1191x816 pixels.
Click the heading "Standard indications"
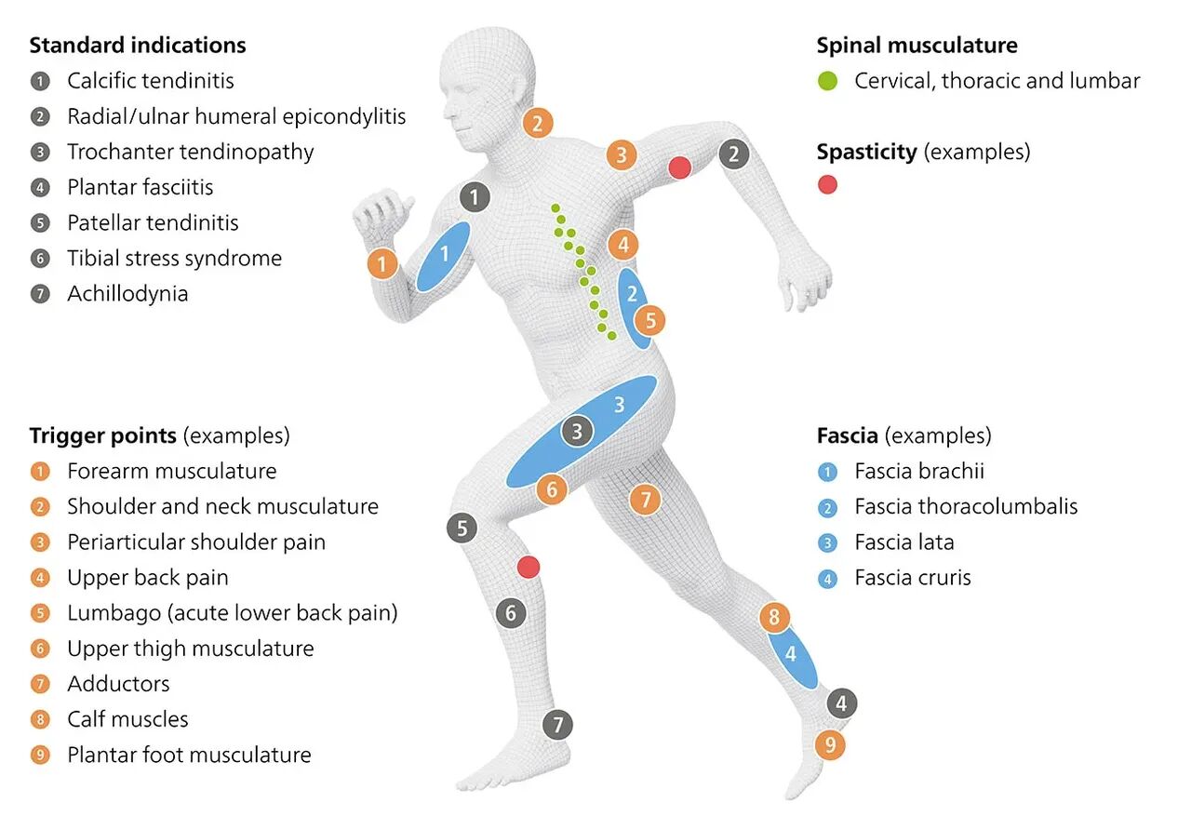138,45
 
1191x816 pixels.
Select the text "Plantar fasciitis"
140,187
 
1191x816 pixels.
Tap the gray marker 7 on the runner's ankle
557,724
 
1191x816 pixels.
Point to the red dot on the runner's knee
529,567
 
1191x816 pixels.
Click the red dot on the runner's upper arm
680,167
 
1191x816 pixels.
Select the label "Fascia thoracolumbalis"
966,506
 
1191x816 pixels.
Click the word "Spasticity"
866,152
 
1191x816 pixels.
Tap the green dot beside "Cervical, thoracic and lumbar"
827,81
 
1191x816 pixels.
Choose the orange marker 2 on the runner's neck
538,123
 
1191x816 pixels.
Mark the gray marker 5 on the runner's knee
462,528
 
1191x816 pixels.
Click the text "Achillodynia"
127,294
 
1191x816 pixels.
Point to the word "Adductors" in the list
118,684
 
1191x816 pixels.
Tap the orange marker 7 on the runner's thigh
644,500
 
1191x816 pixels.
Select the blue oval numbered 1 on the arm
443,255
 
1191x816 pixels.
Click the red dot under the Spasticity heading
827,184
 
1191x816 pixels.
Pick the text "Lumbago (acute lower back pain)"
232,613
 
